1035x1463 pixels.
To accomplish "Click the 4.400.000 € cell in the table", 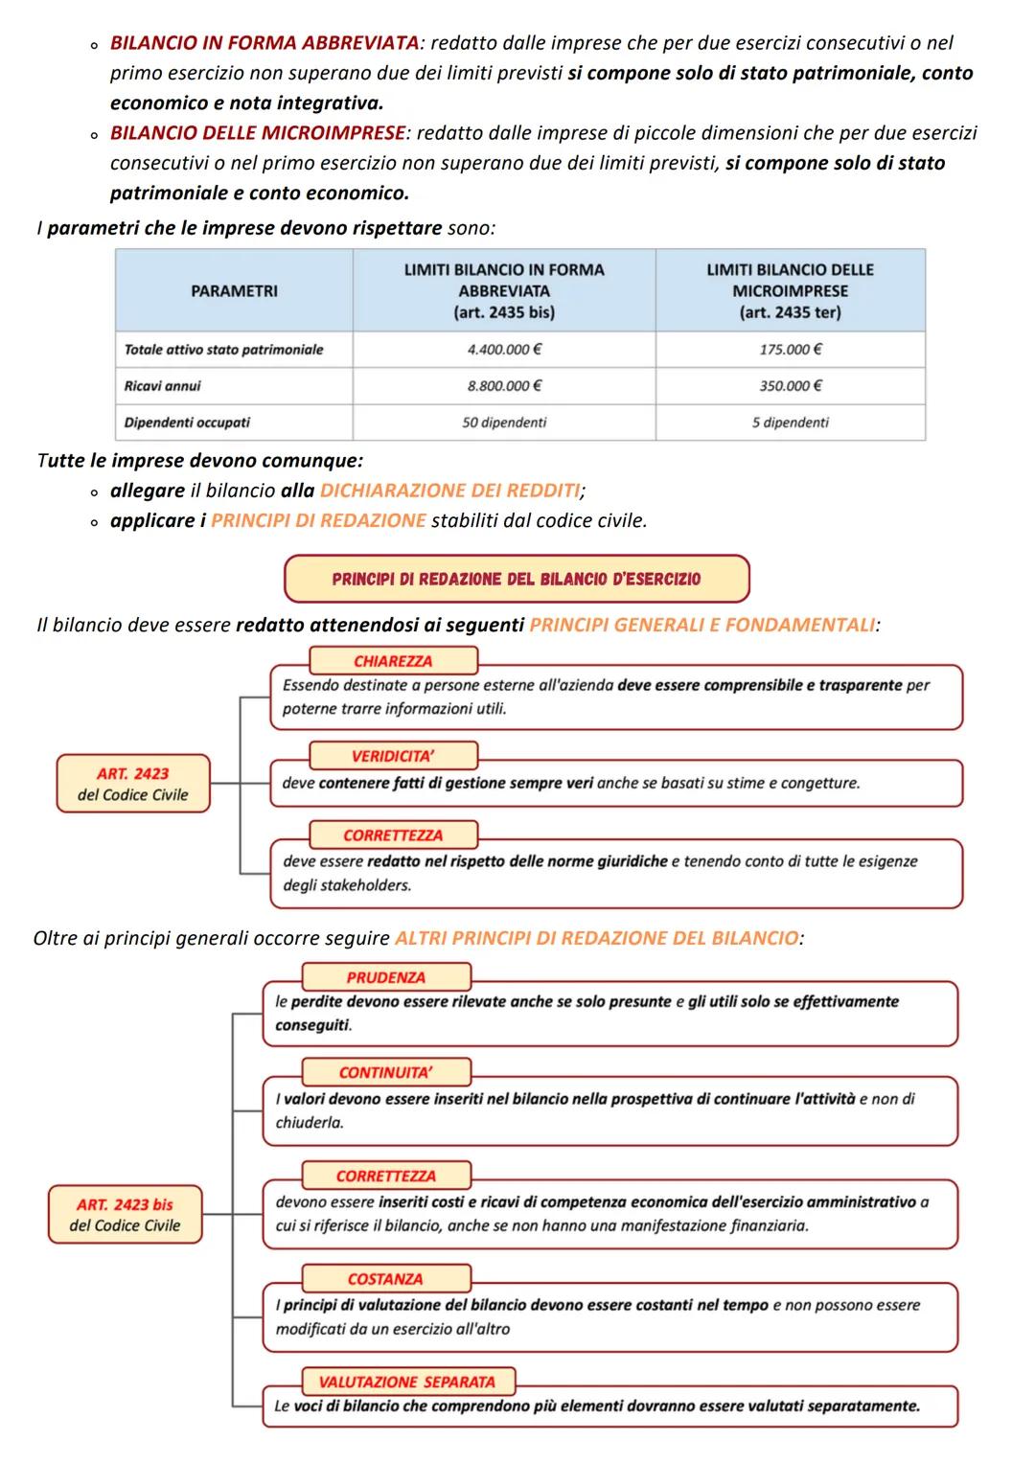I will point(504,350).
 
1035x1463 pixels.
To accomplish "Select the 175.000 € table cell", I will point(790,350).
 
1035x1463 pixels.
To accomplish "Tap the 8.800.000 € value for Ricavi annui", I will point(504,386).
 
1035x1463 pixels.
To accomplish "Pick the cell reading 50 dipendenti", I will point(504,423).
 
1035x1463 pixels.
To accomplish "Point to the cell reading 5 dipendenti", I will point(790,423).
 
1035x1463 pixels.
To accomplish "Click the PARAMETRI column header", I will point(234,291).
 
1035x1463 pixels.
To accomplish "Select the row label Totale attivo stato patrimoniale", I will point(224,350).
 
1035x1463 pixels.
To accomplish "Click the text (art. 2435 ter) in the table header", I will point(790,312).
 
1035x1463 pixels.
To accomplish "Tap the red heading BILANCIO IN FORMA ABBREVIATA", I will point(264,43).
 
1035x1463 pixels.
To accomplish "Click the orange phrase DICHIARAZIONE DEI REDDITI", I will point(449,491).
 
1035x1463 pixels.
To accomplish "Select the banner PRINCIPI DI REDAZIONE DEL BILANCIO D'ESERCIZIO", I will point(517,579).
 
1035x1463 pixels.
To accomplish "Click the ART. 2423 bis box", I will point(126,1215).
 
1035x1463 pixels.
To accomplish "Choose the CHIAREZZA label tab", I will point(393,661).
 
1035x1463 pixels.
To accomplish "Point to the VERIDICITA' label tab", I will point(393,756).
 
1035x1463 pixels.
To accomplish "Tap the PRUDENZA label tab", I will point(386,977).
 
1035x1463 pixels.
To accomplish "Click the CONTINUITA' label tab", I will point(386,1072).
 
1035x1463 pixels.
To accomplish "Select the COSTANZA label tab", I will point(386,1279).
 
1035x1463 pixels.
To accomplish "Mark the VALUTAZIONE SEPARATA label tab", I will point(407,1382).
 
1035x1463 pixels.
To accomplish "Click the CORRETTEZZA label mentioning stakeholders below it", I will point(393,835).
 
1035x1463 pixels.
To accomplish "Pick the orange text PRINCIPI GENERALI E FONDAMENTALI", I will point(701,626).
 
